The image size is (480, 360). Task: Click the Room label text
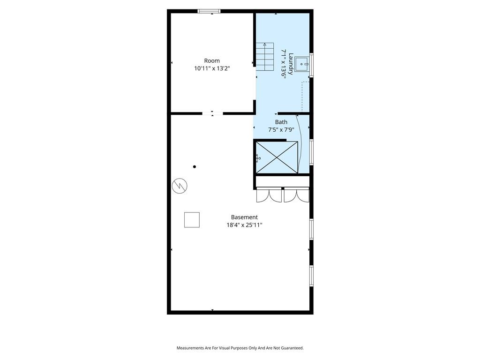click(x=212, y=60)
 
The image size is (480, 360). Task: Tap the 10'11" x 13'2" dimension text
click(x=212, y=68)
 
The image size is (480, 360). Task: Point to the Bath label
click(x=281, y=122)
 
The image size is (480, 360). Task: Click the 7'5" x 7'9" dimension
click(x=281, y=130)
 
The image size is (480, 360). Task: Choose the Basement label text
click(x=244, y=217)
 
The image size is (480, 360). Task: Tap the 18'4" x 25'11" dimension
click(x=244, y=225)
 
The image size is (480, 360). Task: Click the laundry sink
click(x=302, y=64)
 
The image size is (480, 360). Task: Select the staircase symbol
click(x=265, y=57)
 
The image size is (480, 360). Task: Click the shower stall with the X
click(x=277, y=157)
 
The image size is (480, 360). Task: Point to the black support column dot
click(x=195, y=167)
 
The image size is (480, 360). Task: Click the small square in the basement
click(x=192, y=220)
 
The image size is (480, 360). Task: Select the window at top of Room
click(x=209, y=11)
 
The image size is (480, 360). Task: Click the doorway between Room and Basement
click(x=212, y=113)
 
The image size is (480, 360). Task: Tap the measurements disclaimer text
click(x=240, y=348)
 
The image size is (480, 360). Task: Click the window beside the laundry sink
click(x=311, y=64)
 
